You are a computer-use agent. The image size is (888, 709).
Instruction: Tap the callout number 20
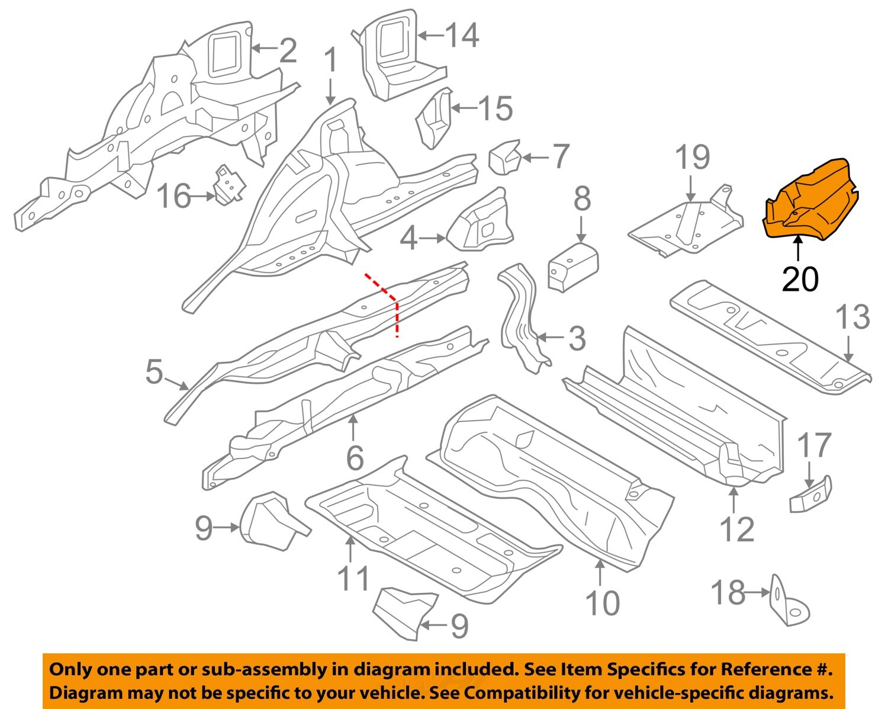tap(800, 278)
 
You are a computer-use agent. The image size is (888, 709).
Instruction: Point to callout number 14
tap(462, 36)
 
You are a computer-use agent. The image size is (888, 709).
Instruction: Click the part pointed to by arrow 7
tap(503, 157)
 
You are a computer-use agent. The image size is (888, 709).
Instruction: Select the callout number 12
tap(736, 529)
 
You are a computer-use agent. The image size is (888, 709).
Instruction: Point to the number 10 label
tap(602, 603)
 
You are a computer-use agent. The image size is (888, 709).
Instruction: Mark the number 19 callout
tap(692, 158)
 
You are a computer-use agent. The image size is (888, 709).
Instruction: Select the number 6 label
tap(354, 457)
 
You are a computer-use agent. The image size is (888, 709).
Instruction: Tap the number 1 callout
tap(330, 62)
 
